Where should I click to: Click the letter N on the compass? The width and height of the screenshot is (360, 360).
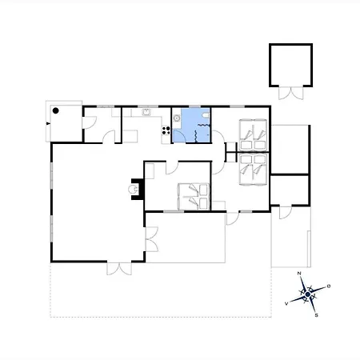click(299, 274)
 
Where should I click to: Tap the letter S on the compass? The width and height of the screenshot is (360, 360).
click(317, 315)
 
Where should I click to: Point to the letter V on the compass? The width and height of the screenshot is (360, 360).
click(286, 303)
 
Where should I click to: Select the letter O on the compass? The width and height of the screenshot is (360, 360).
click(329, 286)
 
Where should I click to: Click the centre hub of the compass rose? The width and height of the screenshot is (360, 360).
click(308, 294)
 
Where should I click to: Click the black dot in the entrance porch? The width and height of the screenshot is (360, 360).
click(55, 110)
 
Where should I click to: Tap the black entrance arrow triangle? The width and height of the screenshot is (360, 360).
click(48, 123)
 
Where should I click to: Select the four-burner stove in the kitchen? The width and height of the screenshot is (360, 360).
click(166, 130)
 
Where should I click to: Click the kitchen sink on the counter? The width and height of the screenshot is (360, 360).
click(146, 112)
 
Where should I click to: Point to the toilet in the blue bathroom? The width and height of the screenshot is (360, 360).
click(206, 115)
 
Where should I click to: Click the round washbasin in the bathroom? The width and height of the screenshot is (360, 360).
click(177, 118)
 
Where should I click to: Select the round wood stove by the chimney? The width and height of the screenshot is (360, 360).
click(133, 190)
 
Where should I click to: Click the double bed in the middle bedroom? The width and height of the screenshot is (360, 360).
click(194, 197)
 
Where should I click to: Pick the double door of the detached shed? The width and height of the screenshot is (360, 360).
click(291, 93)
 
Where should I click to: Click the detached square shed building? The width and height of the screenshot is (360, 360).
click(290, 65)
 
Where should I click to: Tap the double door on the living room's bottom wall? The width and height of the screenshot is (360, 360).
click(119, 268)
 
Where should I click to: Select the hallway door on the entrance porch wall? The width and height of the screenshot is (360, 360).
click(90, 122)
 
